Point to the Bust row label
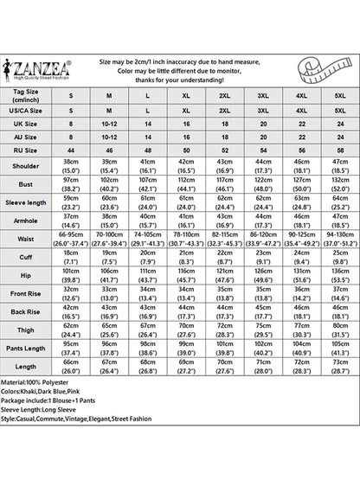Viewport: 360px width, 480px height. click(29, 185)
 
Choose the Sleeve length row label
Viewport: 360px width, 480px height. click(29, 204)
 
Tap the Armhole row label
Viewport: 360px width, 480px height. click(29, 223)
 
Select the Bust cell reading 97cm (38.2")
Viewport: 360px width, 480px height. click(70, 185)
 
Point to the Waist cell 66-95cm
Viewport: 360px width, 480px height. click(70, 242)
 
